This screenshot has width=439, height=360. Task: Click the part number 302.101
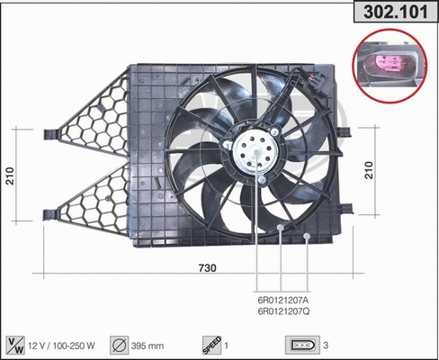coord(393,13)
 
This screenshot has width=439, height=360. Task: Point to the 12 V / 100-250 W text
coord(66,344)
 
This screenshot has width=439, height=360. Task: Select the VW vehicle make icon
coord(16,344)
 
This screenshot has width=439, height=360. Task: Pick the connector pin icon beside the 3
coord(300,344)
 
